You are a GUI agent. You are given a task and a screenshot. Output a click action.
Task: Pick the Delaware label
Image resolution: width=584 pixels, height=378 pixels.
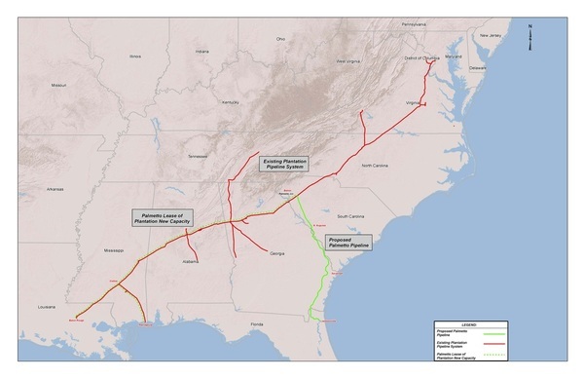click(x=478, y=68)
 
